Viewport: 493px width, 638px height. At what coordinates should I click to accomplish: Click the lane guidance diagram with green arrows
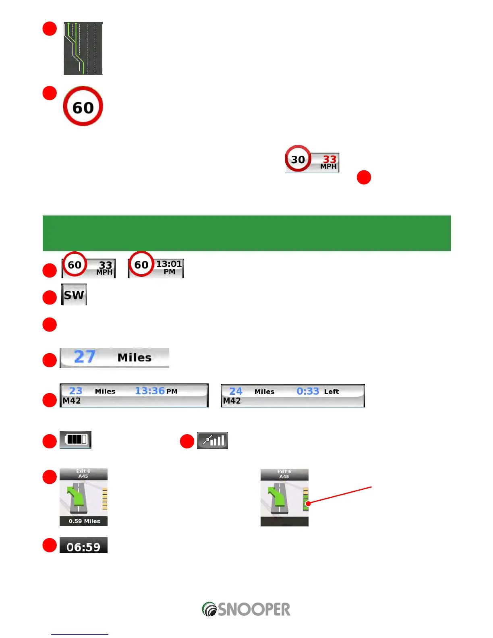83,48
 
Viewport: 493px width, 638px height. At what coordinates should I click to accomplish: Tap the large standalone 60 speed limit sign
83,106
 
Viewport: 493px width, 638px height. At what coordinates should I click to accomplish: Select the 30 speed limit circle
298,159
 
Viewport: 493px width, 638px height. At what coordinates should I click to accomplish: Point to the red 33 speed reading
329,159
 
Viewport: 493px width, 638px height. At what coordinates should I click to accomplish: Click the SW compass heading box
74,295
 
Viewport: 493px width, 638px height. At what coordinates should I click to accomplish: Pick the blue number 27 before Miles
85,357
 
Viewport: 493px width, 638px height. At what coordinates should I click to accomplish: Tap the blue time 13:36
150,391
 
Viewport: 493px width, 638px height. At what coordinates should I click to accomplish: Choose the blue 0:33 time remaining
308,391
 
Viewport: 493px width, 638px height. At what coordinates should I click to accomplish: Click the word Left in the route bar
331,391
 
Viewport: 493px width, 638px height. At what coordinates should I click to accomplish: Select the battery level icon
76,439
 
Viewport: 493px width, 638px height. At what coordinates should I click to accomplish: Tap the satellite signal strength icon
213,440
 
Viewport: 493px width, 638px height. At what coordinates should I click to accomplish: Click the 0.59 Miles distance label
84,521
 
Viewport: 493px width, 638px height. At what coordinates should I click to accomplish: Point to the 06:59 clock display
83,546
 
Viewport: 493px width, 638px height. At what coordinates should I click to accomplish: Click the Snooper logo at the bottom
246,609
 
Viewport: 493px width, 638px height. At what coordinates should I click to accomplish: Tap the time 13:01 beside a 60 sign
169,264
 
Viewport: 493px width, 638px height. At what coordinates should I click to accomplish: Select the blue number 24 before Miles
236,391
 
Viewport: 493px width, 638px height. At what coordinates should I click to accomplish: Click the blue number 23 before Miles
76,391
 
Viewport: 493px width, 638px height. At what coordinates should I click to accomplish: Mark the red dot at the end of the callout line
308,503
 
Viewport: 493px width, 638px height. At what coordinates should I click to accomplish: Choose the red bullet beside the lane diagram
50,29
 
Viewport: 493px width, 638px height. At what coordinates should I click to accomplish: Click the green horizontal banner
246,233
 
